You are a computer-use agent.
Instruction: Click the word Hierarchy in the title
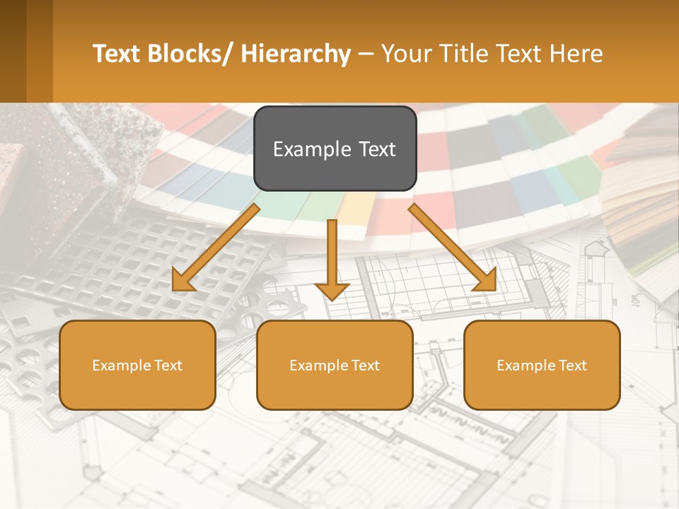[296, 54]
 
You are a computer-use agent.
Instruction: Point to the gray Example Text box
[335, 148]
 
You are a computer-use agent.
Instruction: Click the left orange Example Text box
[137, 365]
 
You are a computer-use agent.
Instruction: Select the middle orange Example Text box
[335, 365]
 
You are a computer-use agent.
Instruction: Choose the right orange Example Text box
[542, 365]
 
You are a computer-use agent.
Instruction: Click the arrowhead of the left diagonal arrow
[182, 282]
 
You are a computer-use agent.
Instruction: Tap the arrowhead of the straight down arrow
[332, 291]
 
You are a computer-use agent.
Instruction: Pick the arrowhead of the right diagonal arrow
[486, 281]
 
